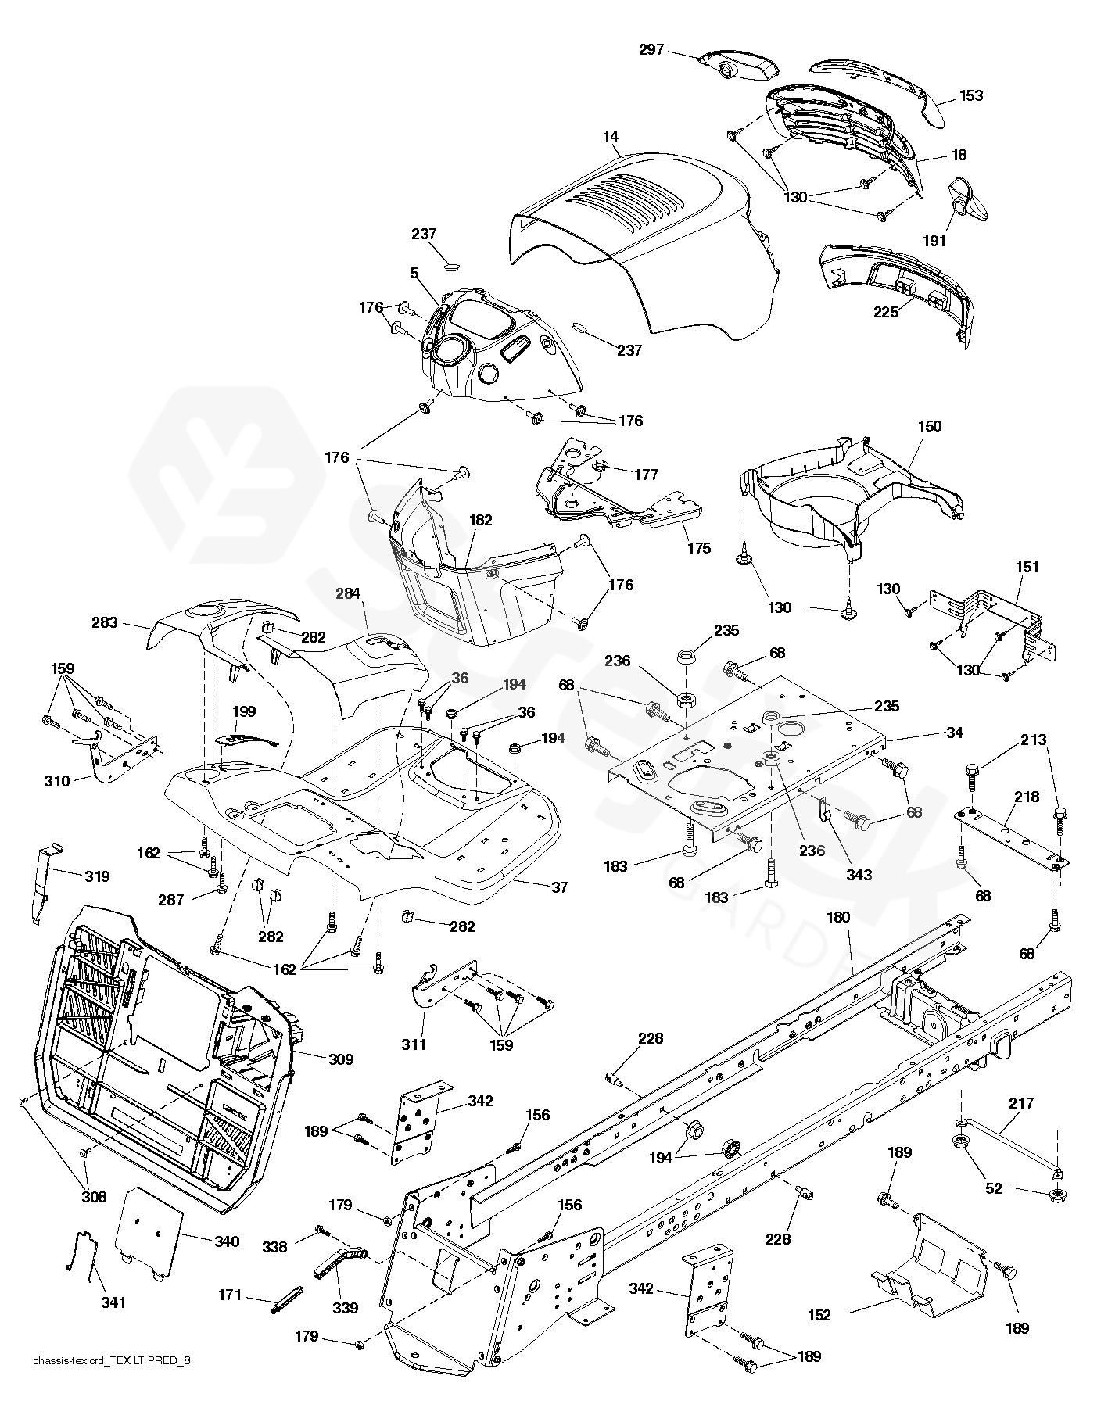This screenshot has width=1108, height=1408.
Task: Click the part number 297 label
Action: (651, 50)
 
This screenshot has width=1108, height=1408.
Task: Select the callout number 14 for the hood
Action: (611, 138)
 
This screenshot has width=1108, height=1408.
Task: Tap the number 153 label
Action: (971, 96)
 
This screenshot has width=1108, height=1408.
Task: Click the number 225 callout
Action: (887, 311)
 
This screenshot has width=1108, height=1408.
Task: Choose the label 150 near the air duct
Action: (930, 427)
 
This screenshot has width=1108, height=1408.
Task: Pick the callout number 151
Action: (1027, 567)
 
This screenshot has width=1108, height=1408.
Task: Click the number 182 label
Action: (481, 520)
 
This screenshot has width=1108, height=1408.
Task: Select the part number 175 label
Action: (699, 548)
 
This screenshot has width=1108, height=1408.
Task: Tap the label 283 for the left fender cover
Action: (104, 623)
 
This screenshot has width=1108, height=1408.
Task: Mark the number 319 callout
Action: (97, 876)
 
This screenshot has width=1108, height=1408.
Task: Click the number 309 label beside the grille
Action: (340, 1059)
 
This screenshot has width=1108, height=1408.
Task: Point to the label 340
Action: (226, 1241)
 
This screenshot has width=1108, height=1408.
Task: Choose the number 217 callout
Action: (1043, 1103)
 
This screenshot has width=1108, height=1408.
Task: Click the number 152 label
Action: (819, 1316)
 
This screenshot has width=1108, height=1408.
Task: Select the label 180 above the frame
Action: (837, 917)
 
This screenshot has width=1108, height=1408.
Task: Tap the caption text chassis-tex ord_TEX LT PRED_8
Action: (112, 1383)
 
